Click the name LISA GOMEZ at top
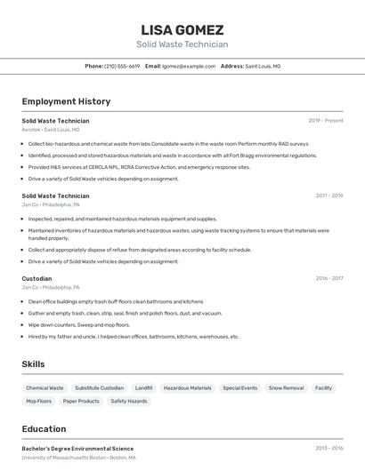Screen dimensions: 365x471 point(182,29)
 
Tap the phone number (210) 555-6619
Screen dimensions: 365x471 point(122,66)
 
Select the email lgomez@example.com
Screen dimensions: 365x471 point(189,66)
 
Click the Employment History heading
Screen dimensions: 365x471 point(66,101)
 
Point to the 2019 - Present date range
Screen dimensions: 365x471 point(325,121)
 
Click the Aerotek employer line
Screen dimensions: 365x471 point(51,130)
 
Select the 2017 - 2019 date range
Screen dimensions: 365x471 point(328,196)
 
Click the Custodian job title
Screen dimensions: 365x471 point(36,278)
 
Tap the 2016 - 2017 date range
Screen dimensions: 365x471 point(328,278)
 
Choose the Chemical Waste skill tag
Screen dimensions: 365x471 point(45,388)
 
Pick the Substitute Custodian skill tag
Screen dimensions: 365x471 point(100,388)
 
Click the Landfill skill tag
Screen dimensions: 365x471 point(143,388)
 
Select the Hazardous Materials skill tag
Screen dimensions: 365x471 point(188,388)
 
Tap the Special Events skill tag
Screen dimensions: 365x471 point(239,388)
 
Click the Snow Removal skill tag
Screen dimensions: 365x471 point(286,388)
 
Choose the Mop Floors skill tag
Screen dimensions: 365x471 point(38,401)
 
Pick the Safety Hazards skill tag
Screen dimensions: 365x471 point(129,401)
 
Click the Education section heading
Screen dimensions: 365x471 point(44,428)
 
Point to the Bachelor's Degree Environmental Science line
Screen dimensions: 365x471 point(77,449)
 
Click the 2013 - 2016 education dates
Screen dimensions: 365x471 point(328,449)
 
